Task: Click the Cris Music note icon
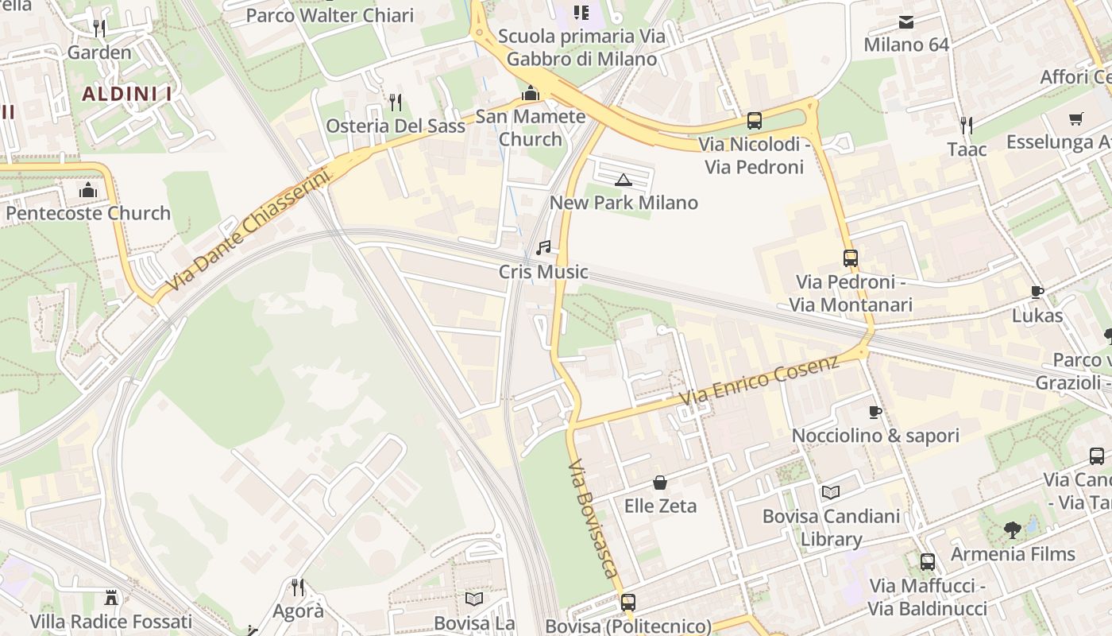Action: click(x=543, y=248)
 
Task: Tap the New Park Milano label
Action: click(x=624, y=203)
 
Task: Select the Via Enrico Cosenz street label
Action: click(x=759, y=382)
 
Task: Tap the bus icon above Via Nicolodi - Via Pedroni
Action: click(x=755, y=121)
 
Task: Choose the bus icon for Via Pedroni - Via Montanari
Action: click(x=851, y=258)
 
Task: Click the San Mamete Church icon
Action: click(x=530, y=94)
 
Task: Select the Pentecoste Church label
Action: click(x=88, y=213)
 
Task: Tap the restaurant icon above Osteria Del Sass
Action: click(x=396, y=102)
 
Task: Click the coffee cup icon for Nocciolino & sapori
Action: click(x=875, y=412)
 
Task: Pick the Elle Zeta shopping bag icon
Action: click(x=660, y=483)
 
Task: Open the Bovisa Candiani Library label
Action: click(x=831, y=527)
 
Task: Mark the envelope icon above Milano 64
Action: click(x=906, y=21)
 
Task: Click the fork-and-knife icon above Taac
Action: click(x=966, y=125)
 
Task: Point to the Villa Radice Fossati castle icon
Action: click(x=111, y=598)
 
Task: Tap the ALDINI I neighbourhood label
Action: click(x=127, y=94)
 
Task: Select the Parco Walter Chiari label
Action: click(x=330, y=15)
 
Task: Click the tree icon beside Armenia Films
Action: click(x=1012, y=529)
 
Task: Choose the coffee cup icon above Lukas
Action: click(x=1037, y=292)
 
